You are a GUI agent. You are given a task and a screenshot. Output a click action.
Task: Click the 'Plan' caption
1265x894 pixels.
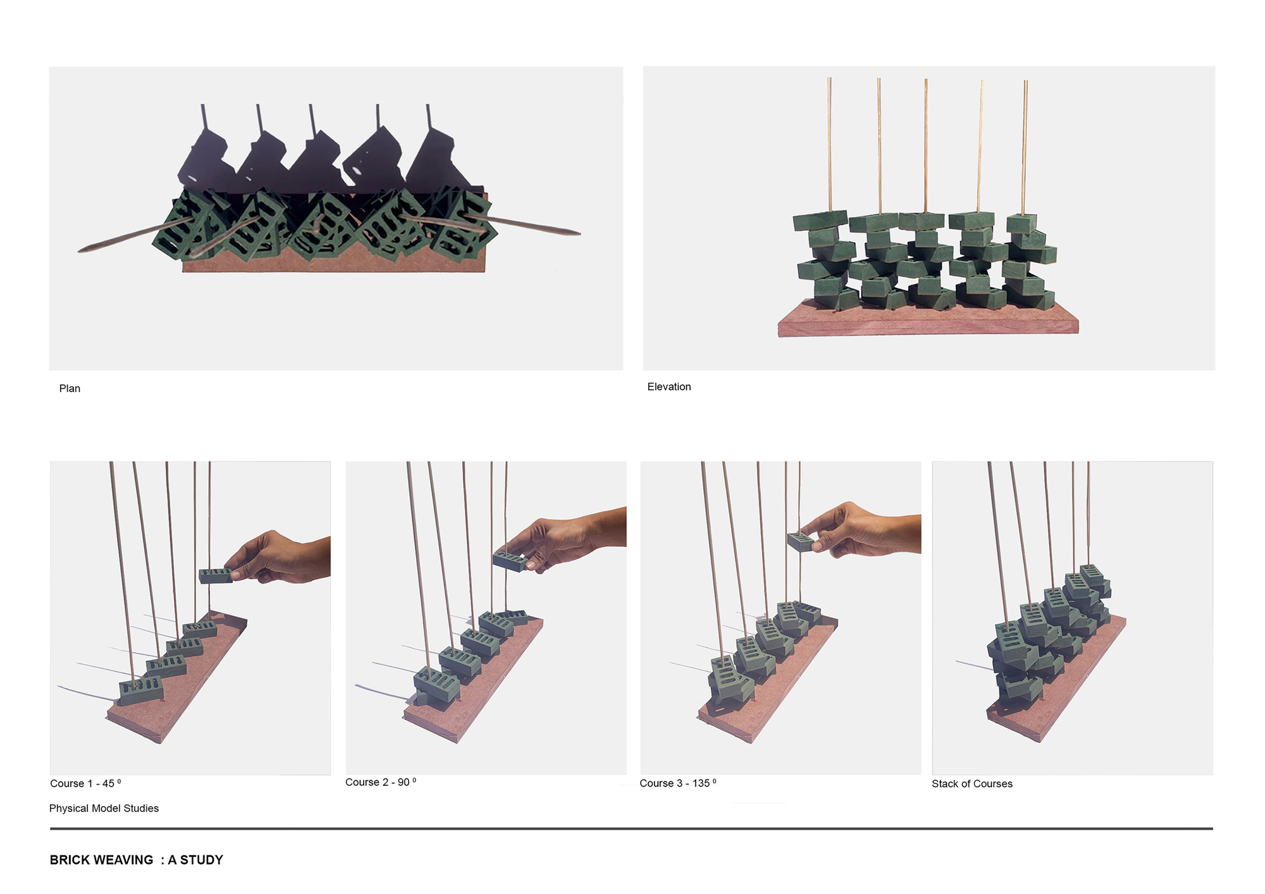(70, 388)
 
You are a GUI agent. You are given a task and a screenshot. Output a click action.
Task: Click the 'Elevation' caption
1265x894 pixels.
(669, 387)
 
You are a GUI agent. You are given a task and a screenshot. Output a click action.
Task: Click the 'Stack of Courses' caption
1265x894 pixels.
(972, 784)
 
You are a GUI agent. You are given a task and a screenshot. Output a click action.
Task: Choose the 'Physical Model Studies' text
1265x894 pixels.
(104, 809)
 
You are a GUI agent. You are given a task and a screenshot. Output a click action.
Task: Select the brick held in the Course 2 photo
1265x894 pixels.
(510, 561)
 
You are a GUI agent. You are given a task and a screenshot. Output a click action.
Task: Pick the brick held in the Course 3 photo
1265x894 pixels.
(801, 541)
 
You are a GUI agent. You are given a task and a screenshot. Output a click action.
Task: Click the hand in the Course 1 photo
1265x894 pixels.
(278, 558)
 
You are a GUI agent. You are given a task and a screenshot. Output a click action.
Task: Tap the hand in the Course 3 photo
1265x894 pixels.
(860, 530)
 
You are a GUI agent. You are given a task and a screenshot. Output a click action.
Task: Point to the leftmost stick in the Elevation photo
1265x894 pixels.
(829, 145)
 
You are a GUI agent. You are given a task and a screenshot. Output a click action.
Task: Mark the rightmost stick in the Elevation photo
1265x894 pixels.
(1025, 145)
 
